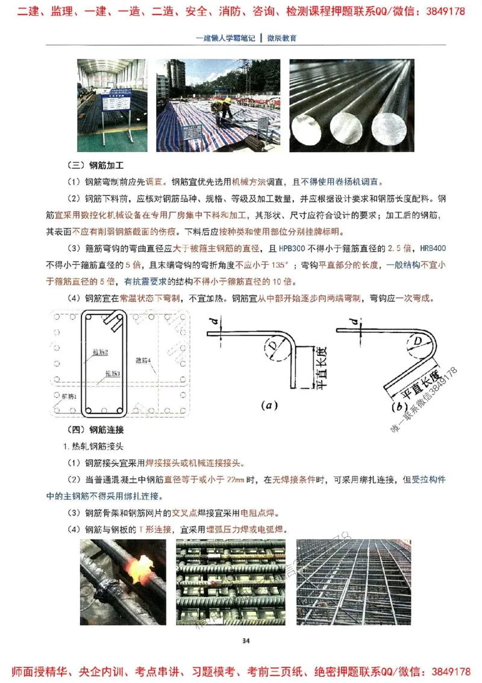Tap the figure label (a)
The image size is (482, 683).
click(269, 406)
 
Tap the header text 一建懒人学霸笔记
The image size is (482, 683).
click(225, 37)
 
